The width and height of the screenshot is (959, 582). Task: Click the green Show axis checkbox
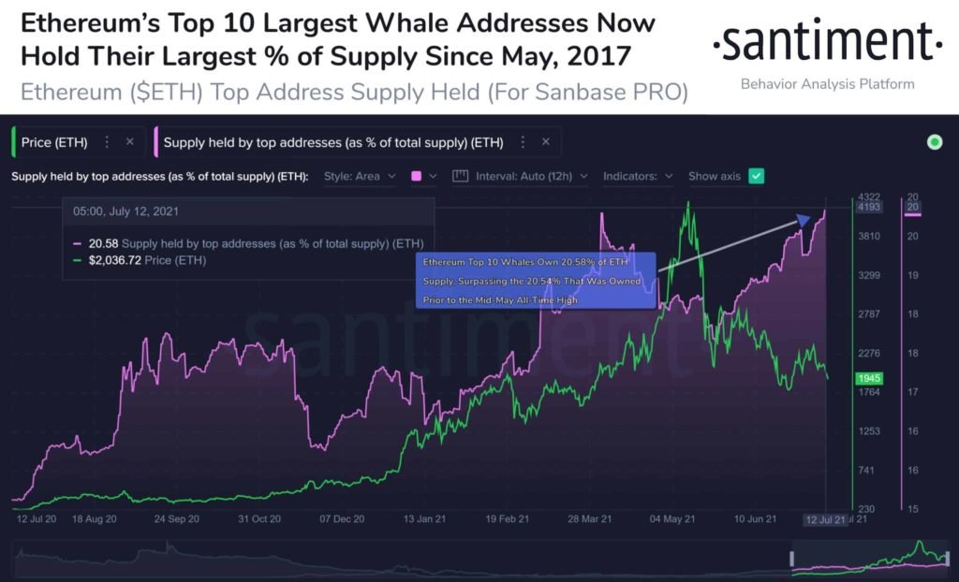tap(757, 176)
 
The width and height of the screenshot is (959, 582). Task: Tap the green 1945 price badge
tap(867, 378)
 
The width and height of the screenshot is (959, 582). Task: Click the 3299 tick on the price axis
tap(869, 275)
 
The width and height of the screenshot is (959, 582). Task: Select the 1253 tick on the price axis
tap(869, 431)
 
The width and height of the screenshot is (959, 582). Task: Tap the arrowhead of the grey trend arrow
tap(803, 221)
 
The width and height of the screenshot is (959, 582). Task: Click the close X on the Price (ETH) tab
tap(129, 142)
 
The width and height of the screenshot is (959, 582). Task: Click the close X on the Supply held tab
tap(545, 142)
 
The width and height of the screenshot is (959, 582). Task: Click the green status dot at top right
tap(934, 142)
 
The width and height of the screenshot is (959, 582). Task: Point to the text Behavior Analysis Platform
tap(827, 84)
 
